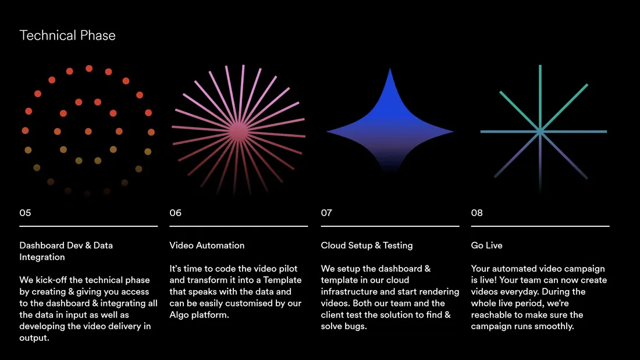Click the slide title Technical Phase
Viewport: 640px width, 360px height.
click(x=67, y=35)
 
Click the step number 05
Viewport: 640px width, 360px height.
click(x=25, y=213)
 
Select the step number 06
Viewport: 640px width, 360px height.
click(x=176, y=213)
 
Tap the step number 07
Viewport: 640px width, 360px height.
click(x=326, y=213)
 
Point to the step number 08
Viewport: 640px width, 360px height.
click(x=477, y=213)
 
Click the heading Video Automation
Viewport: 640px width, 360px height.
click(x=207, y=245)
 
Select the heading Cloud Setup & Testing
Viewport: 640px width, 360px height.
click(x=367, y=245)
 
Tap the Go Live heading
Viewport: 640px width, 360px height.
click(x=486, y=245)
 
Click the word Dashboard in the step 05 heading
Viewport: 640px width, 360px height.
click(x=42, y=245)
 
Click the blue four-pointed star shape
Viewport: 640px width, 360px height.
click(x=390, y=127)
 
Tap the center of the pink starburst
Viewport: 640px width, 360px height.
click(x=239, y=131)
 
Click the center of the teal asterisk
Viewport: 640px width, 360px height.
click(x=540, y=131)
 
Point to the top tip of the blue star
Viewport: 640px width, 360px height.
click(x=390, y=68)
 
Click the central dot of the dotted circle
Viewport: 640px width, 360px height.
click(x=88, y=131)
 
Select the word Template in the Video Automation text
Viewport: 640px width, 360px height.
click(x=282, y=280)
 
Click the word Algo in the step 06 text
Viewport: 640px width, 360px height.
click(x=179, y=315)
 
